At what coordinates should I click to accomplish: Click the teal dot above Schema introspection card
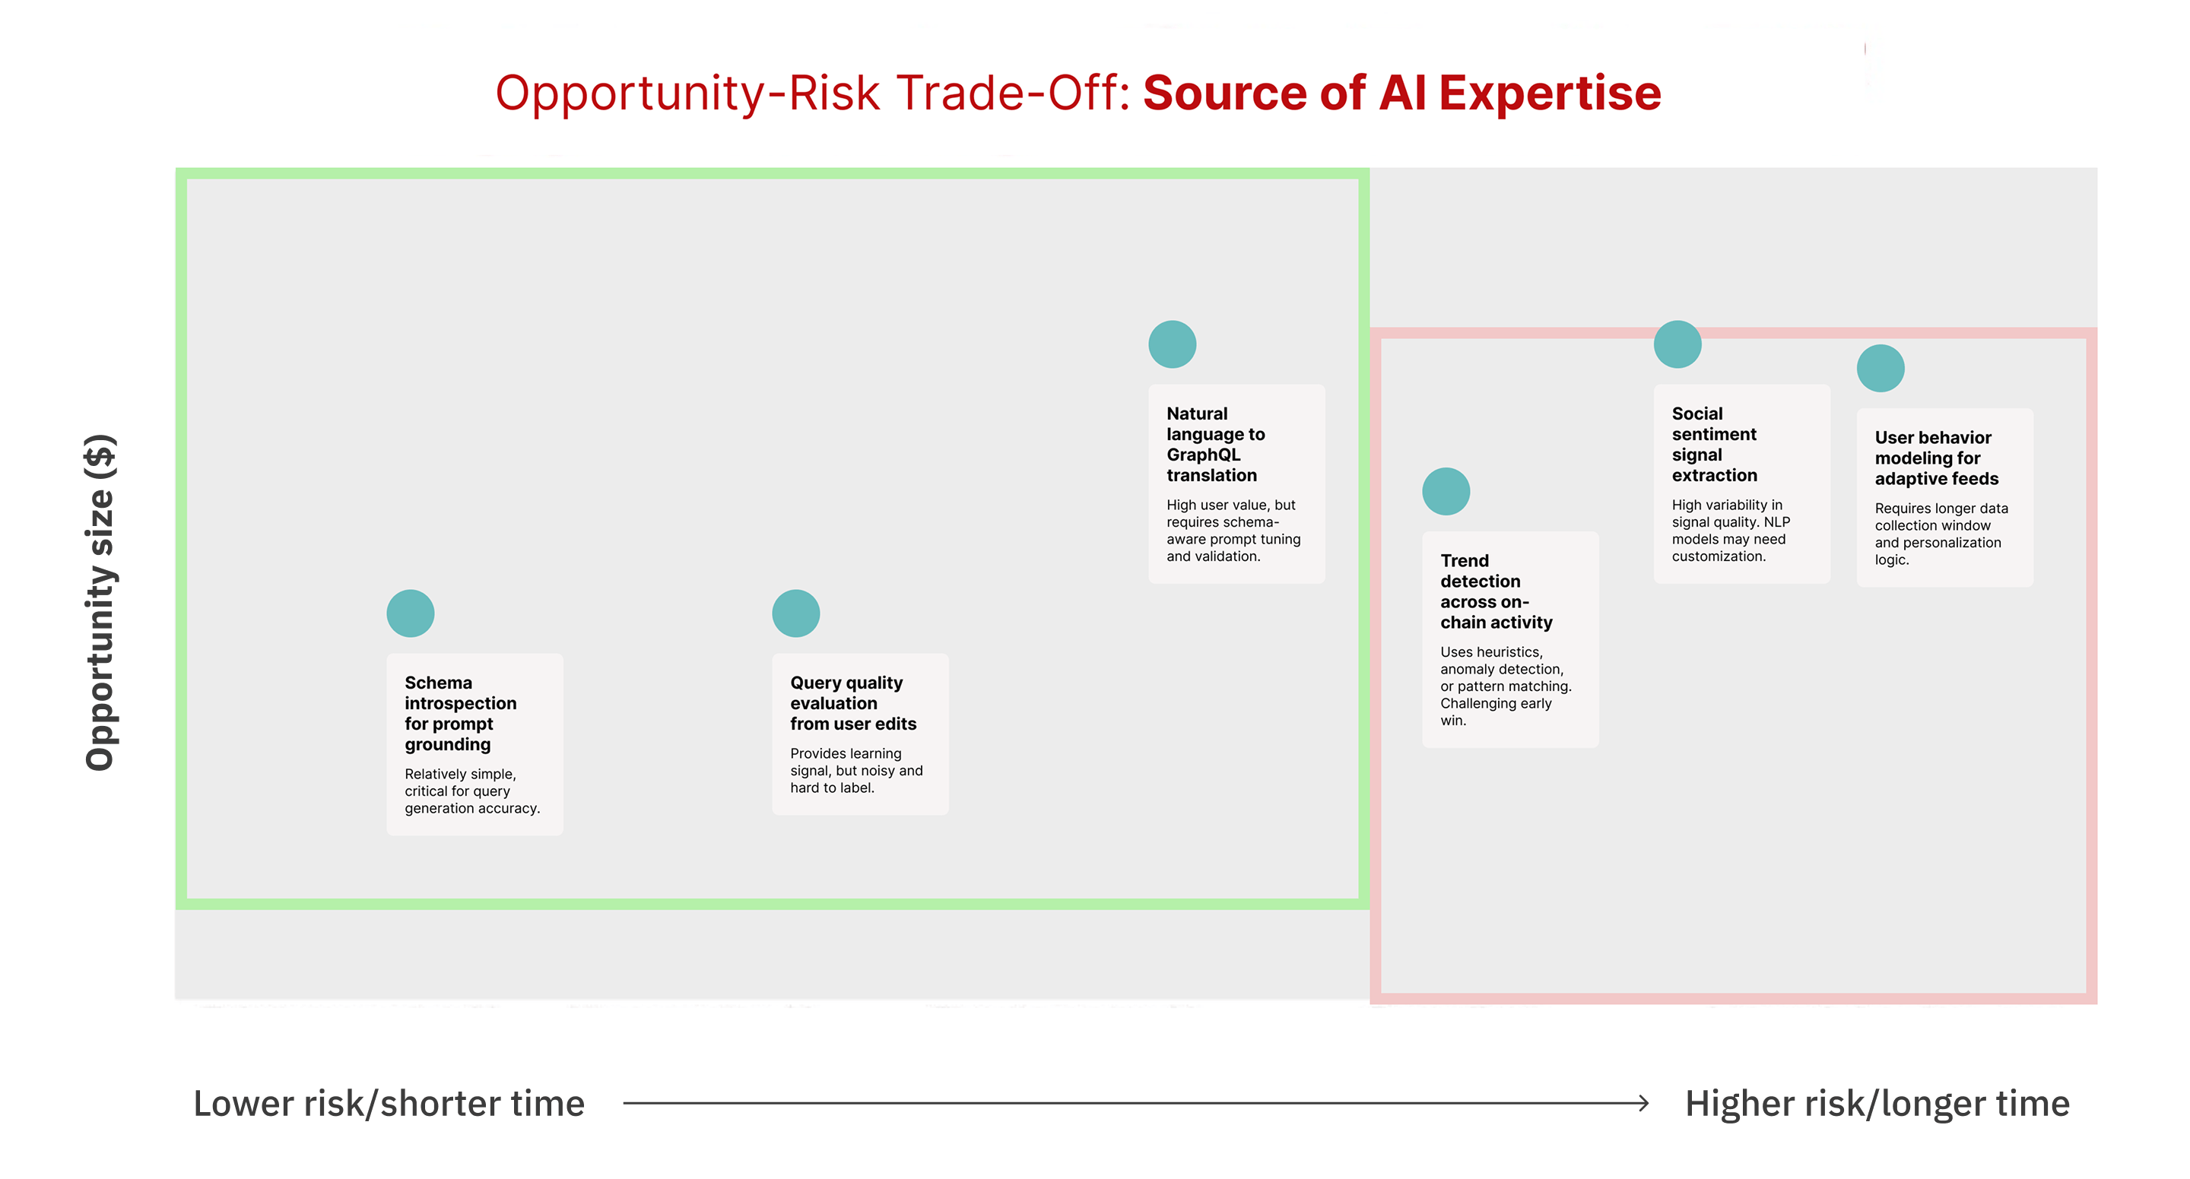(411, 613)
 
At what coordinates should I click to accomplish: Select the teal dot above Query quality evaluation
(795, 613)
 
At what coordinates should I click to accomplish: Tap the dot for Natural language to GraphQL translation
(1173, 344)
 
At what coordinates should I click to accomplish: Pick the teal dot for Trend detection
(1446, 491)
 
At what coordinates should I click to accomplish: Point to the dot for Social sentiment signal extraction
(1677, 344)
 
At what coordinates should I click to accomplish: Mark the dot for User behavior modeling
(1881, 368)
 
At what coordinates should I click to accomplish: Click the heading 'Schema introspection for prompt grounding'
(461, 713)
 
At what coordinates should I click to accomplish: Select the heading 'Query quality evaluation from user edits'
(853, 703)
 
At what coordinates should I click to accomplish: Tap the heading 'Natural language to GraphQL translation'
(1216, 444)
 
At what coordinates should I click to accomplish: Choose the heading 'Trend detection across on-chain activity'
(1496, 591)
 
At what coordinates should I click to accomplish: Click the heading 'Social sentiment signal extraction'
(1714, 444)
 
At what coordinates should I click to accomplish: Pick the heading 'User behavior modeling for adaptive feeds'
(1937, 458)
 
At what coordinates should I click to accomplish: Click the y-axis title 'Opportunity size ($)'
(100, 602)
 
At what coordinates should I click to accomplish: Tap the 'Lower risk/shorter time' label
(389, 1103)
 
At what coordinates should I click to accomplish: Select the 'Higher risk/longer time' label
(1877, 1103)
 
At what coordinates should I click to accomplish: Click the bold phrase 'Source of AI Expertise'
(1402, 92)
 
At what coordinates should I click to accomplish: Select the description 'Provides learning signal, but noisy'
(856, 762)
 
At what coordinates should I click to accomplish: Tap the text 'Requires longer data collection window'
(1941, 517)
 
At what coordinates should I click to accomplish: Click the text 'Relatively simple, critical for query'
(460, 782)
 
